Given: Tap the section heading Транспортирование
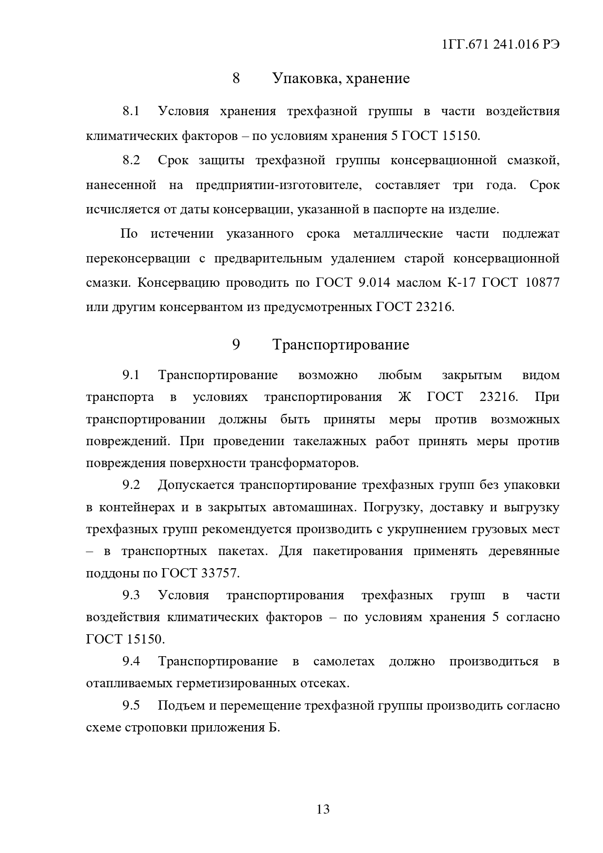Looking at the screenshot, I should coord(341,345).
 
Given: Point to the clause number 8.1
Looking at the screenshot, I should coord(131,111).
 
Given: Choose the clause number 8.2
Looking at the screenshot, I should coord(131,160).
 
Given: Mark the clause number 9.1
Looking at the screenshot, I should coord(131,375).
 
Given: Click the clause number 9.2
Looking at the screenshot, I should coord(131,485).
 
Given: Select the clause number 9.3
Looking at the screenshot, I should coord(131,595).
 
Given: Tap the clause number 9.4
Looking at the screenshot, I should coord(131,662).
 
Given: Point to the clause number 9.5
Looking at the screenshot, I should coord(131,706).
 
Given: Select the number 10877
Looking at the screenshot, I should coord(542,283).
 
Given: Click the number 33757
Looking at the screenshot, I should coord(220,574).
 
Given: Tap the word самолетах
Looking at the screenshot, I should coord(344,662).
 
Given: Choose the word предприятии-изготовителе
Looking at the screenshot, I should coord(279,185).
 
